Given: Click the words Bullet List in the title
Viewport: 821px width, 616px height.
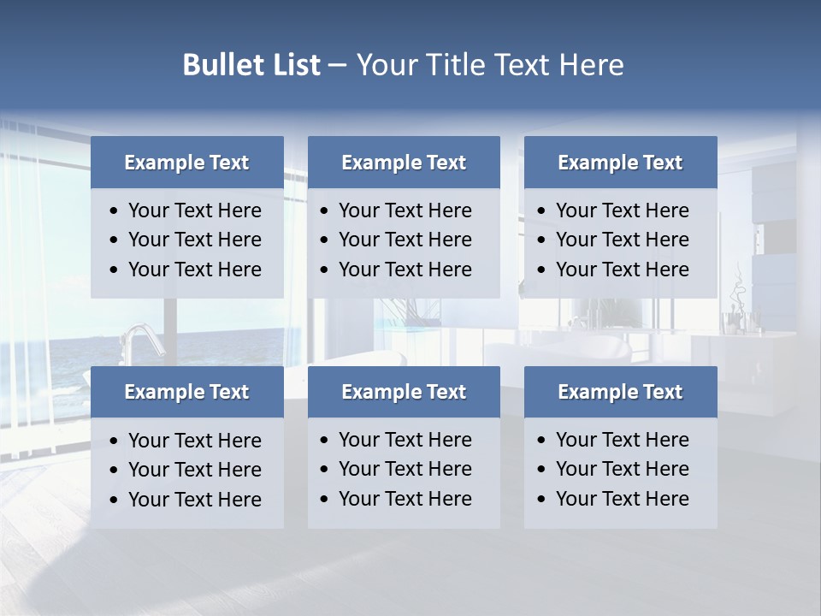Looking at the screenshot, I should (x=251, y=65).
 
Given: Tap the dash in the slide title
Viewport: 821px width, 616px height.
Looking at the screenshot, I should (x=337, y=66).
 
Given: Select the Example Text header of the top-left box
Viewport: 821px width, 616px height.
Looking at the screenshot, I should (x=186, y=163).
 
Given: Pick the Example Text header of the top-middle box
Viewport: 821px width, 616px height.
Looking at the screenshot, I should (x=404, y=163).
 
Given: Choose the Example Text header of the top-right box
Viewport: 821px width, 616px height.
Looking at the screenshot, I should (x=620, y=163).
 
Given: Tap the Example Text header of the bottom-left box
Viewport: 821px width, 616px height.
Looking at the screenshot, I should (x=186, y=392).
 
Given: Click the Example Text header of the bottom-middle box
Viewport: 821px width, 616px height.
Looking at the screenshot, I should (x=404, y=392).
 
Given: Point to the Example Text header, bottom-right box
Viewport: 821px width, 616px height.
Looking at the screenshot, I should (x=620, y=392).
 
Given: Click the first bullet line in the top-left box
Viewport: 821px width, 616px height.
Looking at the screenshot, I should (x=194, y=210).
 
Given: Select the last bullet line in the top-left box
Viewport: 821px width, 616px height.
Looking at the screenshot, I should (x=194, y=269).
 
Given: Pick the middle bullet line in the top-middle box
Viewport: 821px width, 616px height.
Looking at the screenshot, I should (x=405, y=240).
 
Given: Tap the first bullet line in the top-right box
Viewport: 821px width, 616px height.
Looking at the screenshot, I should (x=622, y=210).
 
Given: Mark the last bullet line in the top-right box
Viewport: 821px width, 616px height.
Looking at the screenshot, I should (x=622, y=269).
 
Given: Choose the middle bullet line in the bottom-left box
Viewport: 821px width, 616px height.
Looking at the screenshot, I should (x=194, y=470).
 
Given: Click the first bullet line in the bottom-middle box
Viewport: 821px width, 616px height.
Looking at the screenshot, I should (x=405, y=440).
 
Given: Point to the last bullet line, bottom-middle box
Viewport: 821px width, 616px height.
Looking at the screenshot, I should (x=405, y=499).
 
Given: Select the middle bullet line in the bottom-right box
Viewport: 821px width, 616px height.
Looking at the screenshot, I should (x=622, y=469).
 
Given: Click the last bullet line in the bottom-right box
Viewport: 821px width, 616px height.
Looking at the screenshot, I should (x=622, y=499).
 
